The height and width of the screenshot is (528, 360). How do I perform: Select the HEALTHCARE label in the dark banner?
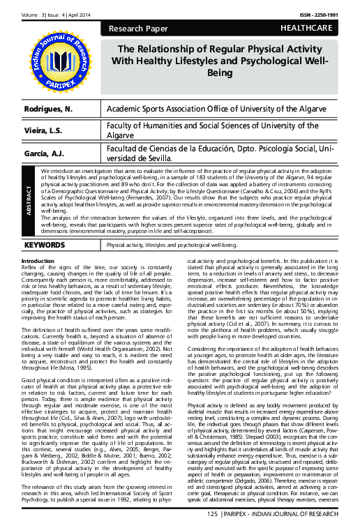(x=311, y=29)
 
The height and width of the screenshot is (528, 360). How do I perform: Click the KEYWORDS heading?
(x=45, y=246)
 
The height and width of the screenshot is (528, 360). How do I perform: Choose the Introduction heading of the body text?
(x=39, y=261)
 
